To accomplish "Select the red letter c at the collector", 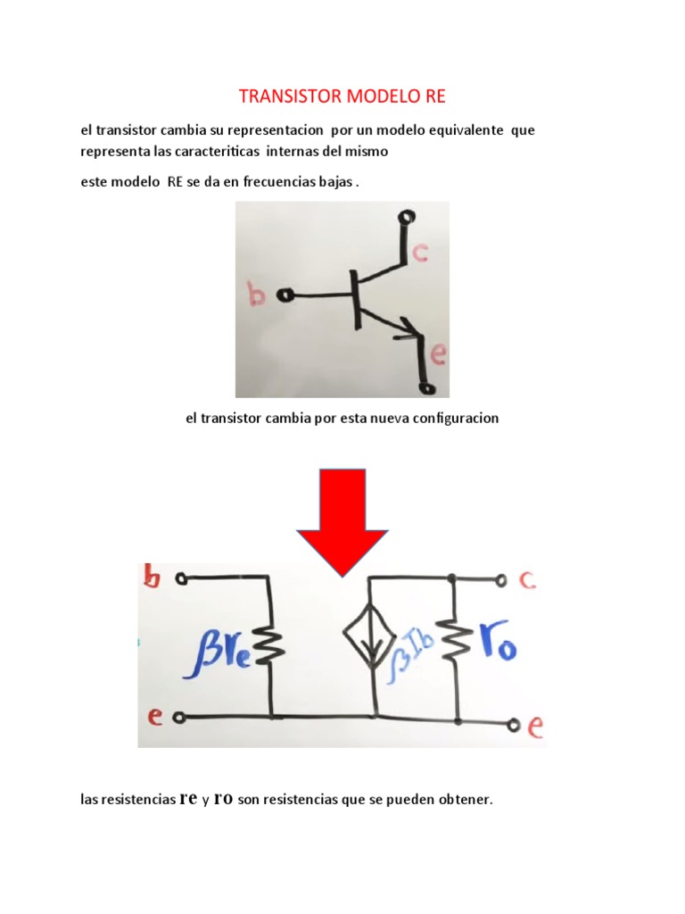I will coord(419,253).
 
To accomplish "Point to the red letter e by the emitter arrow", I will coord(437,356).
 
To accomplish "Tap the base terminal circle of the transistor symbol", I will coord(286,295).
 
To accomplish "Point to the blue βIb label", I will coord(419,643).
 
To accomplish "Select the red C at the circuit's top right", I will coord(527,580).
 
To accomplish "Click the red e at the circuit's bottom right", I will coord(535,727).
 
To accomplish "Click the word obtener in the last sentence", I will coord(464,800).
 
